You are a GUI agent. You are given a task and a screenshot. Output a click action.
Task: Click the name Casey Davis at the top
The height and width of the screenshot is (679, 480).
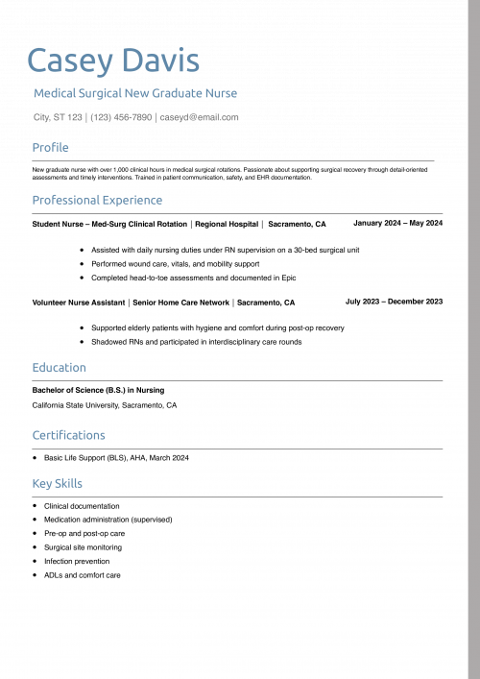[x=113, y=61]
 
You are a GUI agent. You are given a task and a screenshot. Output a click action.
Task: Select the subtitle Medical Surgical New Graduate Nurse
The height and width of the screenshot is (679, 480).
[x=135, y=93]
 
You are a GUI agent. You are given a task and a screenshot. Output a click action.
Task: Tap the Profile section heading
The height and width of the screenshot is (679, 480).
[x=51, y=147]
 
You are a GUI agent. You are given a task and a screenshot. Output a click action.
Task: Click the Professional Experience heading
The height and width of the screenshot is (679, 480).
[x=97, y=200]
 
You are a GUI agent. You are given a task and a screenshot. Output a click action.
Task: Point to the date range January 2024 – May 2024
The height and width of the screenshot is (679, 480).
[x=397, y=223]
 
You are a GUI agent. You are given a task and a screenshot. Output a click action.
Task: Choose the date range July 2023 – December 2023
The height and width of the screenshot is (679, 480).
[x=394, y=302]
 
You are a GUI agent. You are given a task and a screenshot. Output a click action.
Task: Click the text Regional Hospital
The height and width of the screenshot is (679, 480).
[x=227, y=224]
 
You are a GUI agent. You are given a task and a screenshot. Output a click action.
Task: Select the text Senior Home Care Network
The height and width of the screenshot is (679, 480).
[x=181, y=303]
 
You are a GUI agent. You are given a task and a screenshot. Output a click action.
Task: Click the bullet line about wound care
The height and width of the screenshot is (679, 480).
[x=175, y=263]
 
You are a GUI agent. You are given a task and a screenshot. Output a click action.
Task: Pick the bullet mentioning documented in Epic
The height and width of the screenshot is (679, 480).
[x=193, y=278]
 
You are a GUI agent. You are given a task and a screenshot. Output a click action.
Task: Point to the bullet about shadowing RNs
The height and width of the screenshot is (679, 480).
[x=196, y=341]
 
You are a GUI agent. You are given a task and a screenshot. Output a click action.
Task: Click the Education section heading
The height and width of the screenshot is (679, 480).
[x=59, y=367]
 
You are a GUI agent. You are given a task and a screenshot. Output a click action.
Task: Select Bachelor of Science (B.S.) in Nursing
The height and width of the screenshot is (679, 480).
[x=98, y=390]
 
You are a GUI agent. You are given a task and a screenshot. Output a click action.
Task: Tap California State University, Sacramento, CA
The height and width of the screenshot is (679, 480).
[x=105, y=405]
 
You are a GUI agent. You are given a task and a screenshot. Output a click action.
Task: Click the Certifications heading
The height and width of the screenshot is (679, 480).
[x=68, y=435]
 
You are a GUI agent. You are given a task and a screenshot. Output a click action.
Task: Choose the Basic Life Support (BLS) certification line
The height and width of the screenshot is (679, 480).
[x=116, y=457]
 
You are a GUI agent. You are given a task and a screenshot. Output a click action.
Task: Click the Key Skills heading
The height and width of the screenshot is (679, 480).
[x=57, y=483]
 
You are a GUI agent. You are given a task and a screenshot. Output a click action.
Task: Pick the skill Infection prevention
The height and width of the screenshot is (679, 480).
[x=77, y=561]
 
